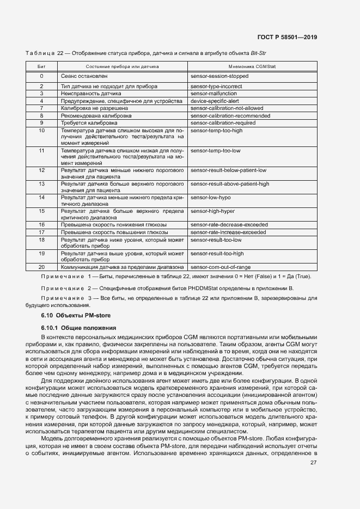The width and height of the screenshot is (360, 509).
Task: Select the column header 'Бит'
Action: [x=41, y=66]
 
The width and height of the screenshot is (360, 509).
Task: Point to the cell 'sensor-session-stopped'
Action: [x=219, y=76]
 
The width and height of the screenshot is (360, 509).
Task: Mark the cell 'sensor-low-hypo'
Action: [x=211, y=197]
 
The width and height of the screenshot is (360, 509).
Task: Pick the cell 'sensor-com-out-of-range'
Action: [x=221, y=267]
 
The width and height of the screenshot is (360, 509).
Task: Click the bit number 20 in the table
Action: [x=41, y=267]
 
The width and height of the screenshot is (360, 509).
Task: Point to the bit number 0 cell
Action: [x=41, y=76]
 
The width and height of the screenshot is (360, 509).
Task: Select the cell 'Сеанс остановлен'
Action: [x=84, y=76]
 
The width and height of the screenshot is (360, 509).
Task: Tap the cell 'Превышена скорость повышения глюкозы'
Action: [x=114, y=232]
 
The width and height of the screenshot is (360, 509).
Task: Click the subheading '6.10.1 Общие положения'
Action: [x=79, y=328]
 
